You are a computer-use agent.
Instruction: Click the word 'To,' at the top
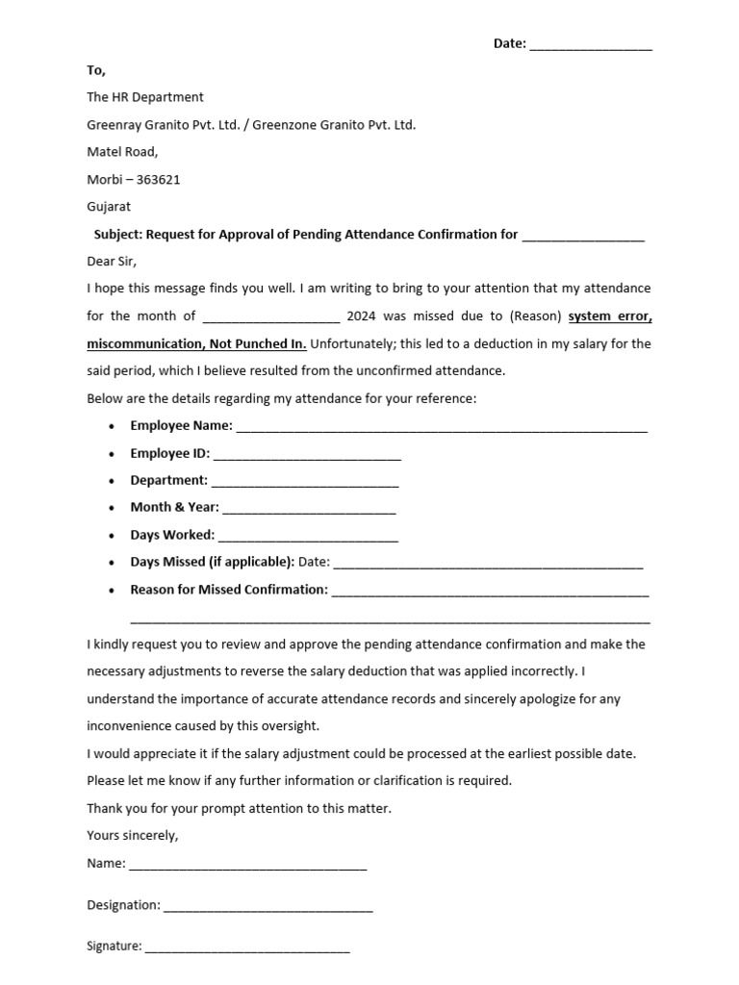(x=96, y=70)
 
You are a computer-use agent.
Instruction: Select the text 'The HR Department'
(x=145, y=97)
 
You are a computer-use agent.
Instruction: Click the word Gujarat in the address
(x=109, y=206)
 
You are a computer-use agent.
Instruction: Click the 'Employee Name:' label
(x=181, y=425)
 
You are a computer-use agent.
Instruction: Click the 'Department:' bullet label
(x=168, y=480)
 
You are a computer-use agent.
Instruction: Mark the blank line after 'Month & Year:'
(x=309, y=509)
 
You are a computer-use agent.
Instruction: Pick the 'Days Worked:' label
(x=172, y=535)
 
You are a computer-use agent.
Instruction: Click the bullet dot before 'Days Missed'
(x=113, y=563)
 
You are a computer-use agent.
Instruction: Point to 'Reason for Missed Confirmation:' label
(x=229, y=590)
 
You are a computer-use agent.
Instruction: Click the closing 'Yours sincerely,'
(x=133, y=835)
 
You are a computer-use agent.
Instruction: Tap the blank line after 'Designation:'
(x=268, y=906)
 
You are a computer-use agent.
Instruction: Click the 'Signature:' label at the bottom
(x=115, y=947)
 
